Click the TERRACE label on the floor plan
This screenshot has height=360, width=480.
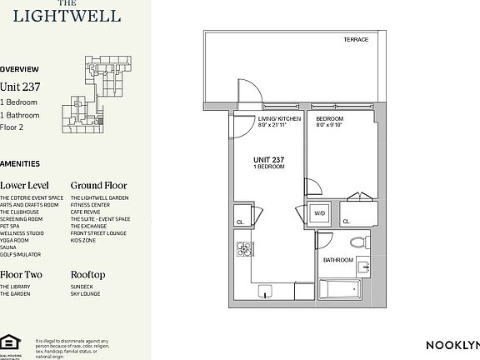click(x=356, y=40)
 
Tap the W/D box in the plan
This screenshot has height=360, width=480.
click(x=319, y=214)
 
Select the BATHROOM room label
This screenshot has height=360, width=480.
click(x=338, y=260)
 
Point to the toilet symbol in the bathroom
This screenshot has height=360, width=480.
click(x=358, y=242)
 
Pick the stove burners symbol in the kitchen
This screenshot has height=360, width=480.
click(x=244, y=248)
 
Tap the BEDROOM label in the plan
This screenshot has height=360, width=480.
click(x=329, y=119)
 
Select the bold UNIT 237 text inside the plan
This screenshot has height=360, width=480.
click(x=269, y=160)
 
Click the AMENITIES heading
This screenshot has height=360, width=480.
click(x=20, y=164)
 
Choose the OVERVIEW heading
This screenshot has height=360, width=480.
click(x=19, y=69)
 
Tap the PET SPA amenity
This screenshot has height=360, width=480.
click(x=10, y=226)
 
